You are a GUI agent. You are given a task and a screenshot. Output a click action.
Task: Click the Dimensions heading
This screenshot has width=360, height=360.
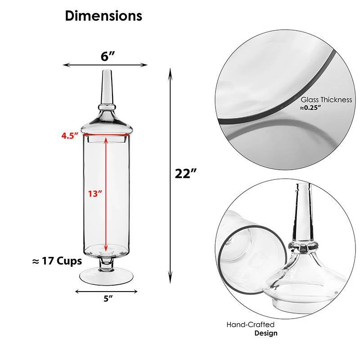[103, 16]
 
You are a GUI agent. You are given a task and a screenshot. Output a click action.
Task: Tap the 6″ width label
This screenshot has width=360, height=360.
[108, 56]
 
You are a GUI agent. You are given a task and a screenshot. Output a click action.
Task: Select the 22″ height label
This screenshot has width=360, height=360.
[186, 174]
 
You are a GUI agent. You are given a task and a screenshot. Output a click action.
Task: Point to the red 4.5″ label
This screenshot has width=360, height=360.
[70, 136]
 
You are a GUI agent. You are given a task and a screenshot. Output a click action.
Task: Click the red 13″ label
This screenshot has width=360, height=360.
[95, 194]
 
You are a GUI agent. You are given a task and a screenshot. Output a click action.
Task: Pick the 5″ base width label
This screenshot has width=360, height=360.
[108, 299]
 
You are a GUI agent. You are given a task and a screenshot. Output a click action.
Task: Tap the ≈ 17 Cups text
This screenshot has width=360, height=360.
[57, 261]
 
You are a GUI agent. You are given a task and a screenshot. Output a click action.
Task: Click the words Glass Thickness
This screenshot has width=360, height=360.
[326, 99]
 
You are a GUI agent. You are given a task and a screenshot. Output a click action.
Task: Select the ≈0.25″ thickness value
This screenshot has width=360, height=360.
[310, 108]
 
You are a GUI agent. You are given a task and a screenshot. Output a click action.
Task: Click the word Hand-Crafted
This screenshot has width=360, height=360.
[250, 324]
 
